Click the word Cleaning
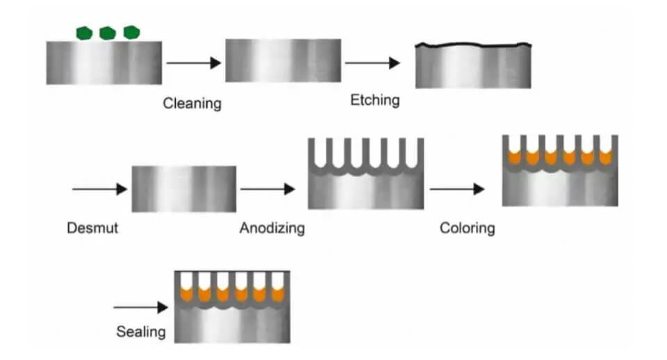point(192,104)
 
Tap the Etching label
point(374,100)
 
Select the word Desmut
point(92,228)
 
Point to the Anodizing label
point(272,228)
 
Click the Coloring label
point(467,228)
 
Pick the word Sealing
point(141,332)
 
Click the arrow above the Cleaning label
point(194,63)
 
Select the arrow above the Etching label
point(372,63)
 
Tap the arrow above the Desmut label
point(99,189)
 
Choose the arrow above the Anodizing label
point(267,189)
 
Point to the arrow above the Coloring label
point(457,188)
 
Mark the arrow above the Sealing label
point(141,307)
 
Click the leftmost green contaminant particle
point(84,33)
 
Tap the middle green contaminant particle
point(108,33)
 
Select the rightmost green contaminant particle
point(131,33)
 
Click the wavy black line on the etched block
point(473,44)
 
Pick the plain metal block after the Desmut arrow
point(183,189)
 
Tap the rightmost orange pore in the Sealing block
point(278,294)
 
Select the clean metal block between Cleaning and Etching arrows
point(283,60)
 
